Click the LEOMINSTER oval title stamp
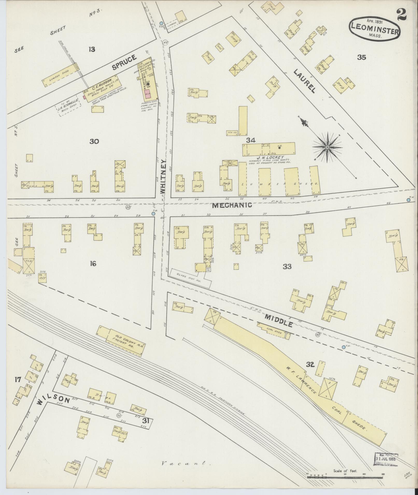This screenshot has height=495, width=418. (375, 29)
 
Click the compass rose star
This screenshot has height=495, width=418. (327, 147)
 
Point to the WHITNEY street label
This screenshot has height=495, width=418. (163, 176)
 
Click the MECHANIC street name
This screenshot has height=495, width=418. (232, 205)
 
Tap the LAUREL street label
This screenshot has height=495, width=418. (305, 81)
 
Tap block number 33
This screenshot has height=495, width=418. (287, 267)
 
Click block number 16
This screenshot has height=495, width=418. (93, 264)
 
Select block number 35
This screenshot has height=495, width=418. (362, 57)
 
